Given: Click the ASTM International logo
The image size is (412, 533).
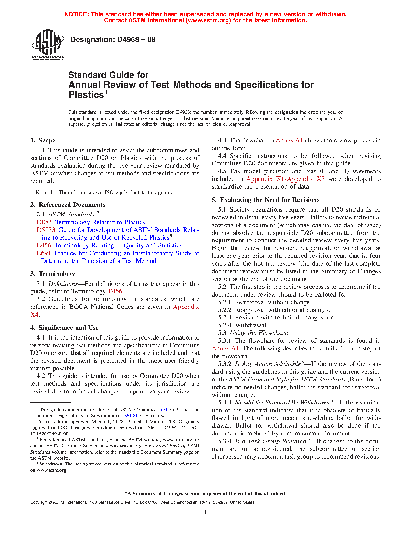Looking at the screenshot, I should [48, 45].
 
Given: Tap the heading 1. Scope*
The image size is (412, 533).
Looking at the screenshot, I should [45, 140].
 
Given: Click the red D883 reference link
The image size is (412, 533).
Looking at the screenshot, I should [44, 222].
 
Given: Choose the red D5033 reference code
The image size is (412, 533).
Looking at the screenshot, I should [46, 230].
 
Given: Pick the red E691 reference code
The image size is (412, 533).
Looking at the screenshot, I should [44, 253].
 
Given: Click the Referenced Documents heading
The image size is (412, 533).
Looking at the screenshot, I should [72, 204].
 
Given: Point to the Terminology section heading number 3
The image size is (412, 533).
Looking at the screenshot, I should [33, 274].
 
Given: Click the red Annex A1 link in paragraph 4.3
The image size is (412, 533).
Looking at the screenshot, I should [289, 140].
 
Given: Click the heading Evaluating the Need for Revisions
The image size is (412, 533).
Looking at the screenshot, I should [269, 200].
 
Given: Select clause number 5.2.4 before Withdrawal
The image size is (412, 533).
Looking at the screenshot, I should [225, 325].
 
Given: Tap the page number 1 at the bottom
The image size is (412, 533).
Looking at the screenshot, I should [206, 512].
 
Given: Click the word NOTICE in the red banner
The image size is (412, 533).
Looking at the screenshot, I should [76, 14].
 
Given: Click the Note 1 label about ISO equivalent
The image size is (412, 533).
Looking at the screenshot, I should [44, 193].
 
